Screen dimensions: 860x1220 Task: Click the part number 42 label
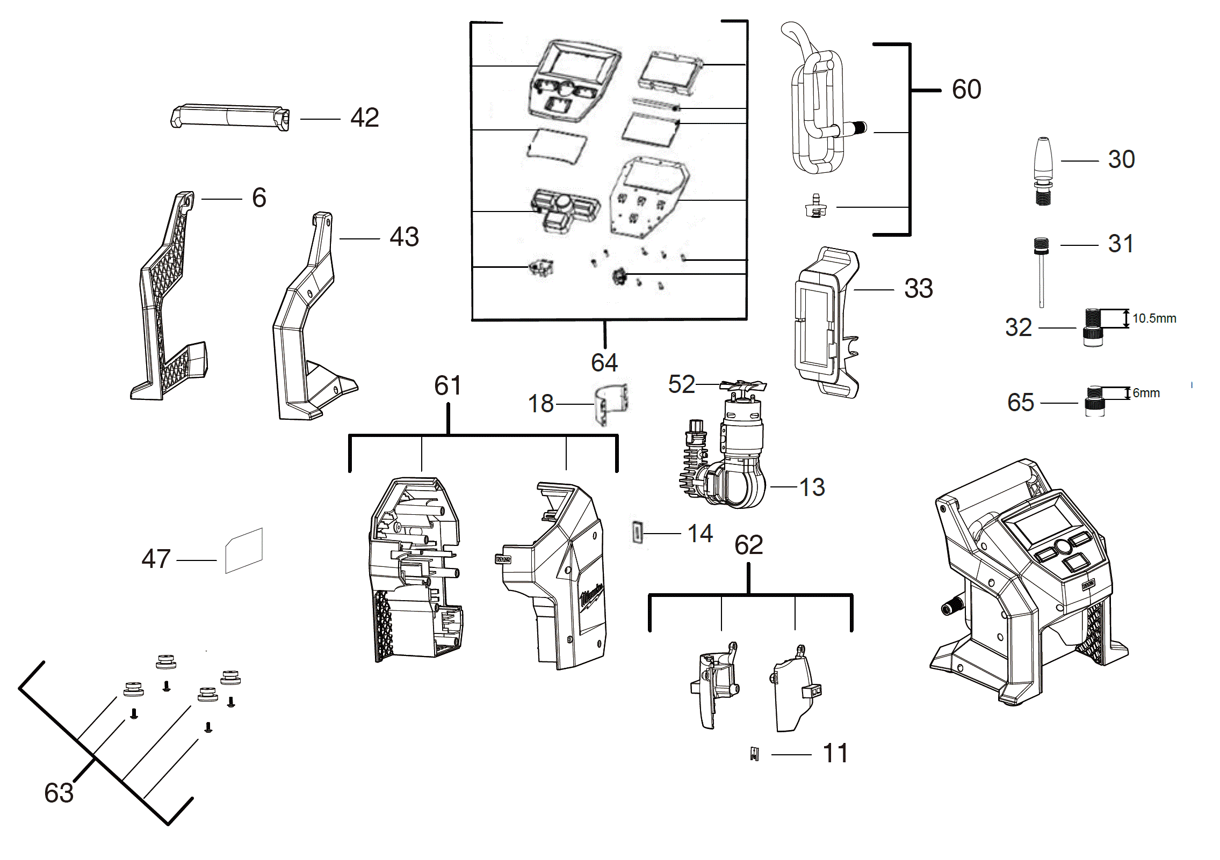coord(364,118)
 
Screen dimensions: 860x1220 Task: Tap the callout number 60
coord(966,89)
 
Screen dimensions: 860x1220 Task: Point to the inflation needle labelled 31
coord(1041,271)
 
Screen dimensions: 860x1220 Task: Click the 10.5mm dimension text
coord(1154,318)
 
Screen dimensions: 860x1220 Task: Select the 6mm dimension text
coord(1146,393)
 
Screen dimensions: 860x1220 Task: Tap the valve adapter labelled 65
coord(1094,402)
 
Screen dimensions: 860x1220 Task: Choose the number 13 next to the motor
coord(811,487)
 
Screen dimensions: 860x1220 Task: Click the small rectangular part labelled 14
coord(637,533)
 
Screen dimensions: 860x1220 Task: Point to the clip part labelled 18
coord(611,404)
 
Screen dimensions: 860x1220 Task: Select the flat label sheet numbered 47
coord(244,551)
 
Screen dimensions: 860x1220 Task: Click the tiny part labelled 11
coord(755,754)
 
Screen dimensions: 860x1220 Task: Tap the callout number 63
coord(59,793)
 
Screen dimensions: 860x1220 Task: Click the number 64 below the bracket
coord(604,363)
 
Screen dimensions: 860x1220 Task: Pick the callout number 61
coord(447,385)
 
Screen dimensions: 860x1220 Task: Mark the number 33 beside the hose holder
coord(918,289)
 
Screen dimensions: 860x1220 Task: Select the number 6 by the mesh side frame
coord(259,198)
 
